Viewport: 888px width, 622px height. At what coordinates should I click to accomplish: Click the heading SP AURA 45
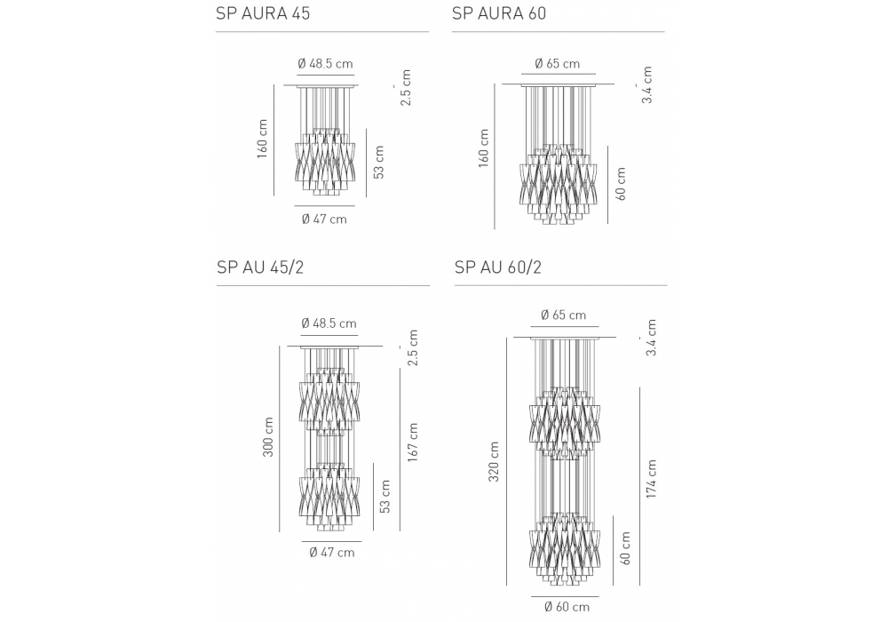pyautogui.click(x=263, y=13)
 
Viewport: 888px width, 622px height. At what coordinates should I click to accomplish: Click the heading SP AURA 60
pyautogui.click(x=499, y=13)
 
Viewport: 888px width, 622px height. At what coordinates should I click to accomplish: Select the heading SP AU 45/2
pyautogui.click(x=260, y=267)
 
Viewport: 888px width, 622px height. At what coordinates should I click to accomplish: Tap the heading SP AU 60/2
pyautogui.click(x=498, y=267)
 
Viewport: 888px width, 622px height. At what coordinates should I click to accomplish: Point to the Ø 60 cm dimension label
pyautogui.click(x=567, y=607)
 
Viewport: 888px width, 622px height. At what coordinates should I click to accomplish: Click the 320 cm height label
pyautogui.click(x=494, y=462)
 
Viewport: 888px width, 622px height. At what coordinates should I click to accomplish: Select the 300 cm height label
pyautogui.click(x=268, y=437)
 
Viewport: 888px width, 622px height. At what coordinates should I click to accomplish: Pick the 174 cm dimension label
pyautogui.click(x=651, y=479)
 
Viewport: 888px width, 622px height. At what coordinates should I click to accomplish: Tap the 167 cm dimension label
pyautogui.click(x=413, y=443)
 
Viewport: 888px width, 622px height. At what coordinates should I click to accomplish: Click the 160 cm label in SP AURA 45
pyautogui.click(x=262, y=139)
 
